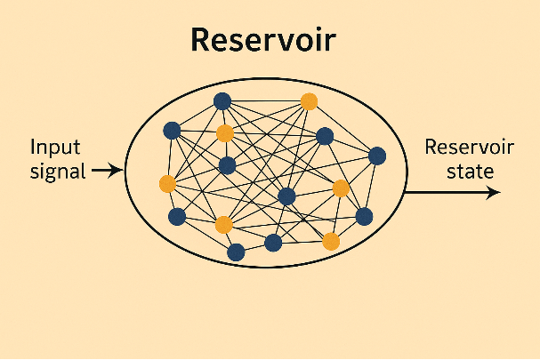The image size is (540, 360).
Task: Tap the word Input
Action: [55, 147]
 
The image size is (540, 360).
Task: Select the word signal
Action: [58, 171]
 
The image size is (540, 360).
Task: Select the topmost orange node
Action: [309, 100]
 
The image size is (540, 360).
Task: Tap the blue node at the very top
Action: [222, 100]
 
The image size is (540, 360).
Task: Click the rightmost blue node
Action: [377, 156]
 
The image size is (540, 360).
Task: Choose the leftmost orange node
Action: [167, 184]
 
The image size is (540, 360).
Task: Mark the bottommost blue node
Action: [236, 252]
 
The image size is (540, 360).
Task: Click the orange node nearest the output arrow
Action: [341, 188]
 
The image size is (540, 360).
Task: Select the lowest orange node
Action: [331, 241]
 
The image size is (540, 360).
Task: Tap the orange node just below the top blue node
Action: [225, 133]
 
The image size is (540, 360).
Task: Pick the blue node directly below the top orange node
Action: [325, 136]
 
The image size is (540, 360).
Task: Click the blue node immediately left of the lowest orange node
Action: [274, 242]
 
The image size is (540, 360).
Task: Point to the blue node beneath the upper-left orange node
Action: [227, 164]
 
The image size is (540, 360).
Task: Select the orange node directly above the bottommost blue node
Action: [223, 224]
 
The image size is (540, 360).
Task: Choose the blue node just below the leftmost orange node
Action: [177, 216]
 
